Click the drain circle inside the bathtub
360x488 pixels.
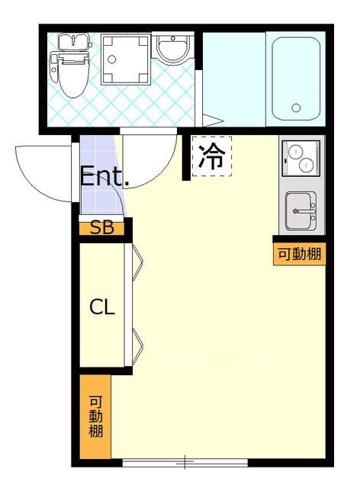[296, 108]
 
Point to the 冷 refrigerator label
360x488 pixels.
[211, 156]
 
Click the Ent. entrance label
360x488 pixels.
[104, 178]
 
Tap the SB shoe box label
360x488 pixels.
[101, 227]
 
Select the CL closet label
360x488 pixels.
[102, 307]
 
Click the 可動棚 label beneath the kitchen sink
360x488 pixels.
[300, 254]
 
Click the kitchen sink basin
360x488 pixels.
[301, 210]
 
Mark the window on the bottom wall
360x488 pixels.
[185, 462]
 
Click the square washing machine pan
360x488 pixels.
[125, 59]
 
